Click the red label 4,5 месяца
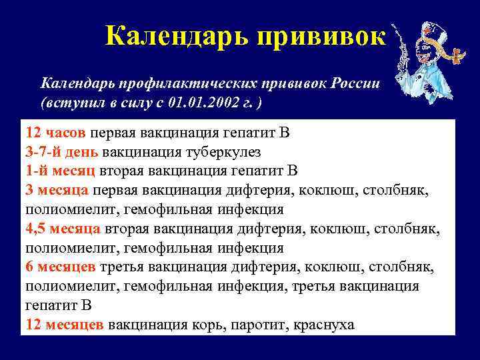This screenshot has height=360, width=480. click(63, 229)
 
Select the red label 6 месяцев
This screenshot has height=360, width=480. click(61, 267)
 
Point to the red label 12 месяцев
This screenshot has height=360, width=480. click(65, 325)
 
